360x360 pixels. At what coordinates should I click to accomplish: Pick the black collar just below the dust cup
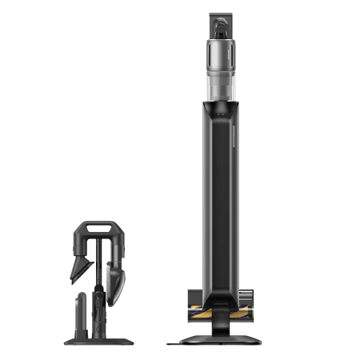[x=222, y=103]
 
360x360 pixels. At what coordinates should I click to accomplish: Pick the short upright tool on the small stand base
[x=80, y=312]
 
